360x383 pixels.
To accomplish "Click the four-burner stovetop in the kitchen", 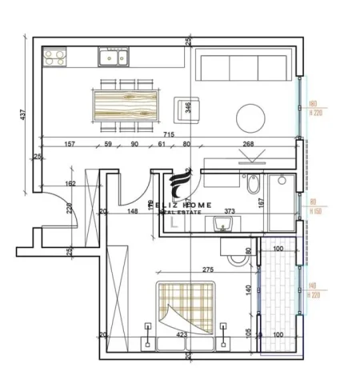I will [55, 57].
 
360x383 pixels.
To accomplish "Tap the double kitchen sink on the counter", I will [111, 56].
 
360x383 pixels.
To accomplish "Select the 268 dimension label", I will [248, 145].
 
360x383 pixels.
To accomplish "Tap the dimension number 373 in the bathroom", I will [230, 212].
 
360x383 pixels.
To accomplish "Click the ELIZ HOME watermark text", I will [186, 205].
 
